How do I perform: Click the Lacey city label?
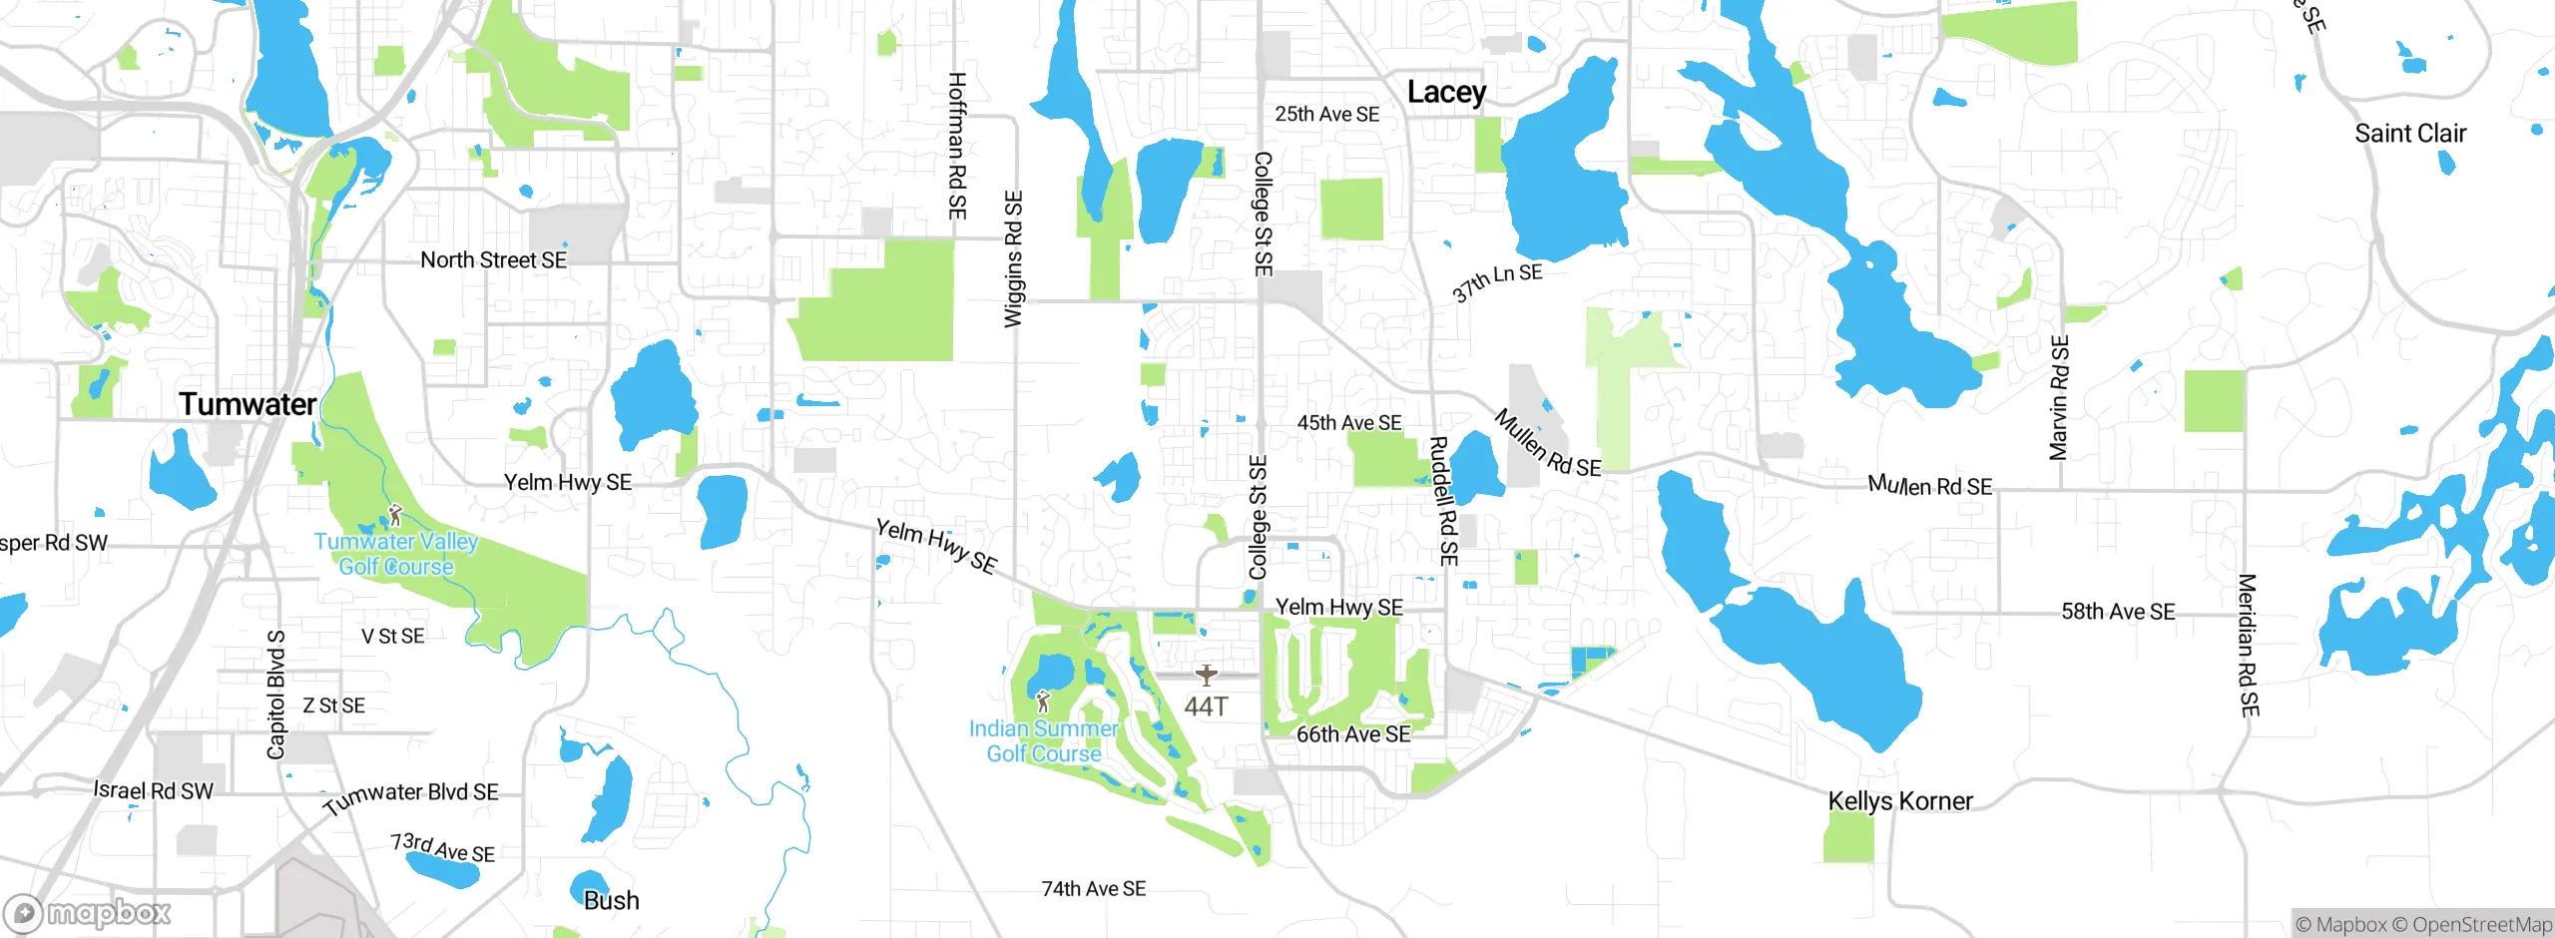tap(1446, 93)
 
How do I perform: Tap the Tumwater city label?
tap(248, 404)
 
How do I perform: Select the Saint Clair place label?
tap(2410, 134)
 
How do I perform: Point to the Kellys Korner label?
tap(1900, 801)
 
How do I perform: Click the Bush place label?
tap(611, 901)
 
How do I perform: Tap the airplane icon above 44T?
tap(1207, 676)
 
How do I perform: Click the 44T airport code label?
tap(1206, 706)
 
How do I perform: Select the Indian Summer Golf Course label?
tap(1044, 741)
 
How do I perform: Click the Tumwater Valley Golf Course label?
tap(396, 554)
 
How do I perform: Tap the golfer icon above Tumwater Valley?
tap(395, 516)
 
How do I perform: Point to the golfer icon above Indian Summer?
tap(1043, 701)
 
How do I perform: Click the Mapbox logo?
tap(88, 912)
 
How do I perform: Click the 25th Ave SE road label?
tap(1326, 115)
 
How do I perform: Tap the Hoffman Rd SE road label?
tap(957, 146)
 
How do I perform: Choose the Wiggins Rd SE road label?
tap(1013, 259)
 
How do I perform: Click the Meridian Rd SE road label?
tap(2247, 645)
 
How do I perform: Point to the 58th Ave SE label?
tap(2118, 612)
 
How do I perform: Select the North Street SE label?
tap(493, 260)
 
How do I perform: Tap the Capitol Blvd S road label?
tap(276, 694)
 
